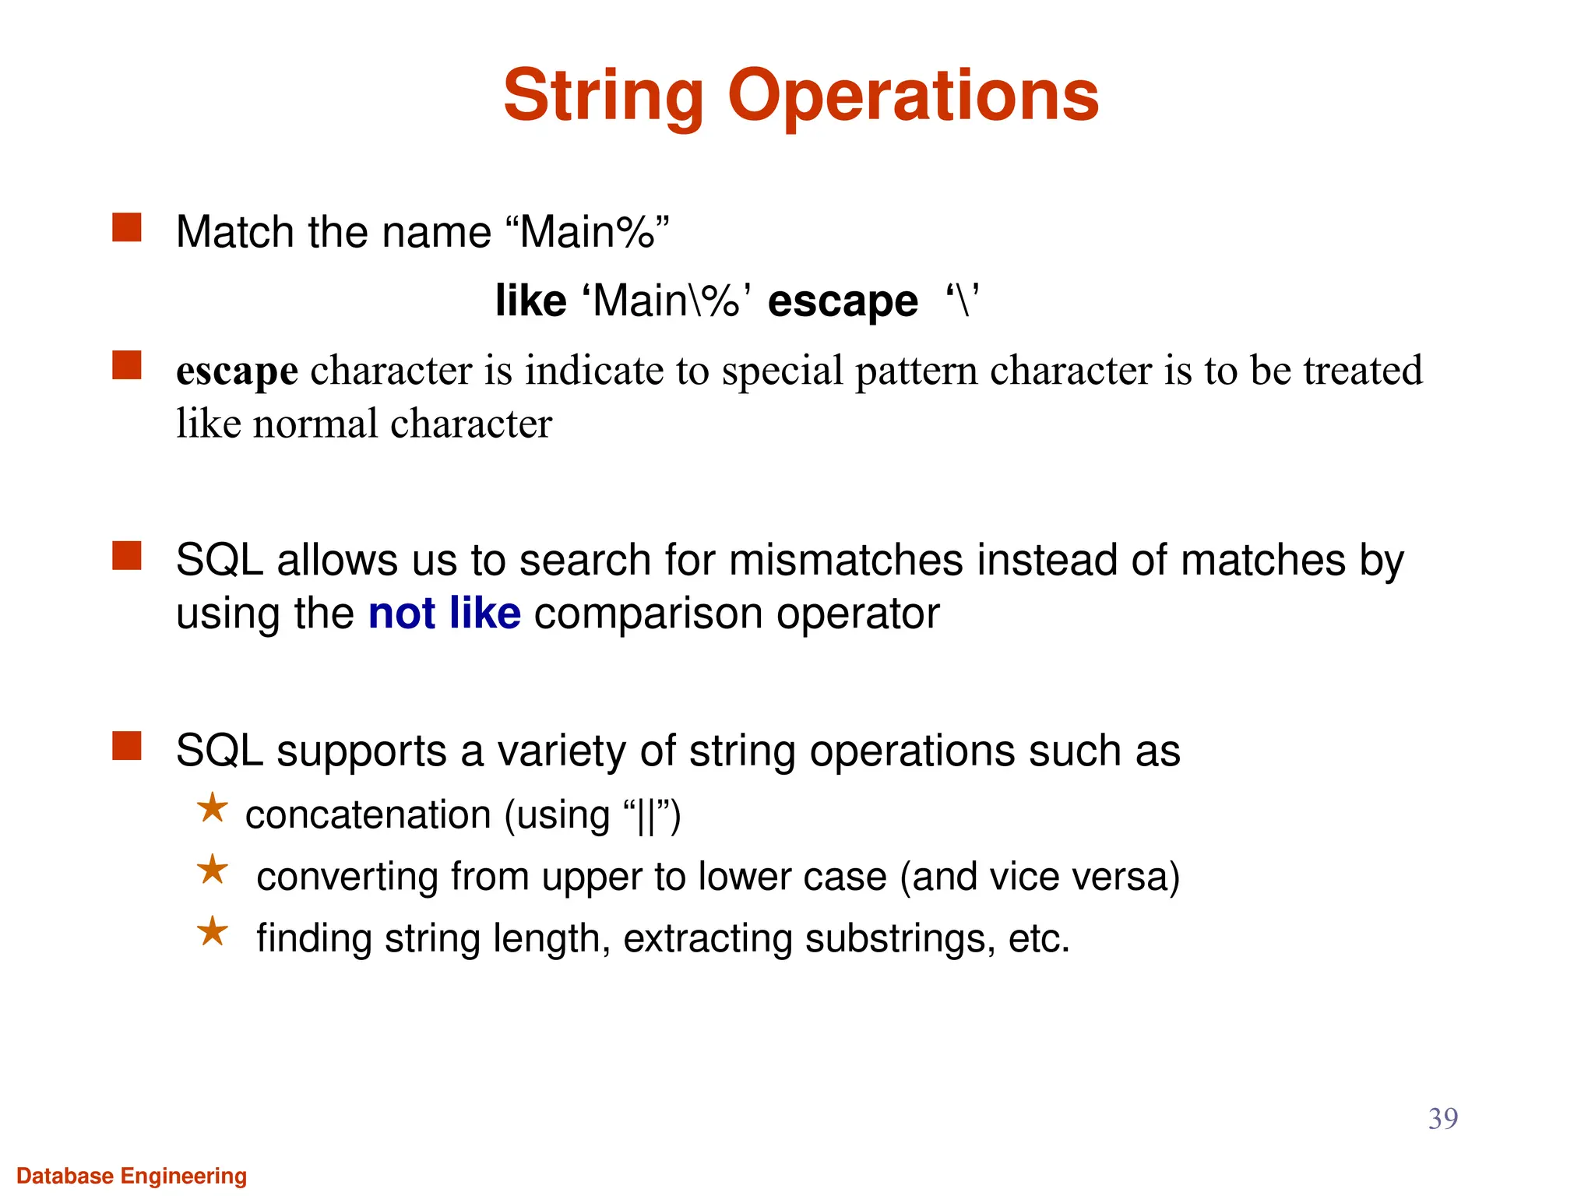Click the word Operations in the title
click(913, 97)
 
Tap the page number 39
click(1442, 1118)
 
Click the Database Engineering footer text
click(132, 1176)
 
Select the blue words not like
click(444, 614)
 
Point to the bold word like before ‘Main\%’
click(530, 301)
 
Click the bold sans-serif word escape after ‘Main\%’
click(843, 302)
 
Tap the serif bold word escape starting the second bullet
click(237, 371)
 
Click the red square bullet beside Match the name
click(127, 228)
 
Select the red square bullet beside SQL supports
click(127, 746)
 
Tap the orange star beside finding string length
click(212, 931)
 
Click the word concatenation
click(368, 815)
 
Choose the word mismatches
click(846, 561)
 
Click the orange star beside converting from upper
click(212, 870)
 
